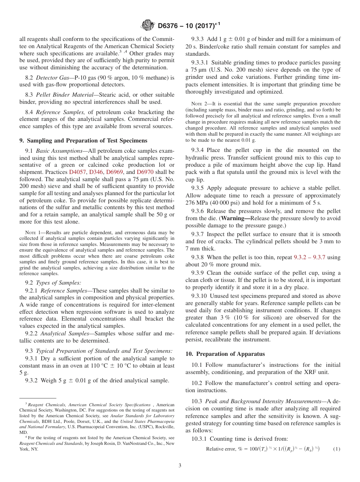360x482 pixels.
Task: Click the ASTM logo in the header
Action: click(147, 25)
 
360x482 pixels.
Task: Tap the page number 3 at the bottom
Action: click(180, 466)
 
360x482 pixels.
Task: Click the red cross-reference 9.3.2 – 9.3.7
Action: click(310, 257)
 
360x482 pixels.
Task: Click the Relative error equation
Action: click(263, 449)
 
